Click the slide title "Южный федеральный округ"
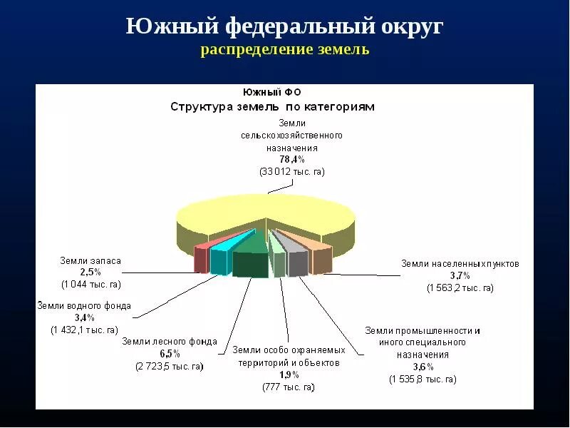[285, 27]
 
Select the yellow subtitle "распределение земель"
[285, 51]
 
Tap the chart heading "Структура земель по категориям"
[272, 107]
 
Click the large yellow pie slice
[264, 210]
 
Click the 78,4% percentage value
[292, 159]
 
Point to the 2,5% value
[90, 272]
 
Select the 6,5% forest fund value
[170, 354]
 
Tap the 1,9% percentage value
[289, 375]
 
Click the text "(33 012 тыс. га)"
[292, 172]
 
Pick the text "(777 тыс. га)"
[288, 387]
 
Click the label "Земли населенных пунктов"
[460, 263]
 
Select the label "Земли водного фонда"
[84, 305]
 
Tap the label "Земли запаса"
[90, 261]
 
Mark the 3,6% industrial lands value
[423, 367]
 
